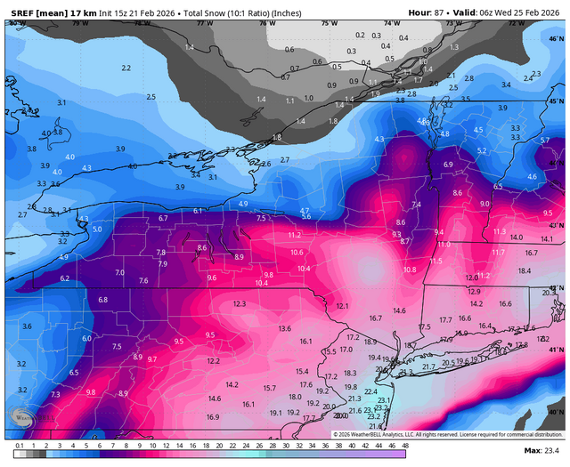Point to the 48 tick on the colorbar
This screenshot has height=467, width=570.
tap(405, 445)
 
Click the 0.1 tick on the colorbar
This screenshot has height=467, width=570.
tap(20, 445)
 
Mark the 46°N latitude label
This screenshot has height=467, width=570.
tap(558, 40)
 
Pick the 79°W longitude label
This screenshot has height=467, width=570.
tap(80, 23)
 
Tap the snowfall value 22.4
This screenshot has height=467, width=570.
tap(370, 391)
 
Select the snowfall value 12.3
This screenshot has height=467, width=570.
tap(239, 304)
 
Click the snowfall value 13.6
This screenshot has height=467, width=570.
tap(284, 328)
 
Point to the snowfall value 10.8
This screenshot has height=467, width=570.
tap(410, 270)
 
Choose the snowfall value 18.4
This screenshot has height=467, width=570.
tap(525, 270)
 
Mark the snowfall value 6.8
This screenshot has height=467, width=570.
tap(102, 300)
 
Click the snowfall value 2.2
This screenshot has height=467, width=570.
tap(126, 68)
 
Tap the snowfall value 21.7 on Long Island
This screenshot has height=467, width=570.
tap(428, 366)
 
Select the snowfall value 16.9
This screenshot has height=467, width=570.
tap(213, 416)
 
